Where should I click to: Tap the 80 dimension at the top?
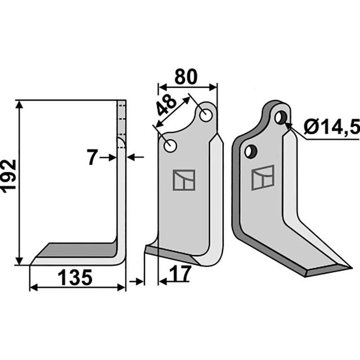coord(186,77)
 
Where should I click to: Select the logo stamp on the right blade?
coord(263,177)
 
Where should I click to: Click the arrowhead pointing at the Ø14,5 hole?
coord(288,126)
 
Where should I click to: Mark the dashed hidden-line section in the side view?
coord(122,119)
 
